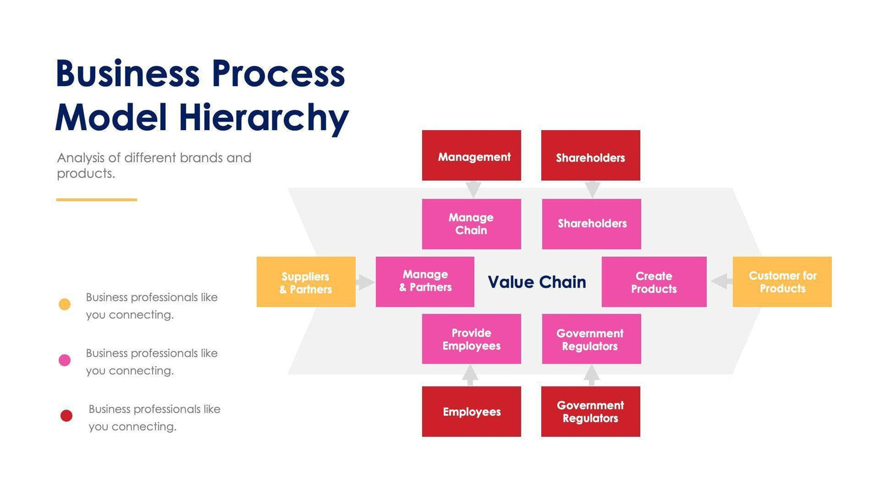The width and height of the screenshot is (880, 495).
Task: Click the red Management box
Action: point(471,156)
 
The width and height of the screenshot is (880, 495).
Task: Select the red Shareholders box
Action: point(591,156)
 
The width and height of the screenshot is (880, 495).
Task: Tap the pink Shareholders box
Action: point(591,224)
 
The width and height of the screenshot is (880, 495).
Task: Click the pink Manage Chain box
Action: point(471,224)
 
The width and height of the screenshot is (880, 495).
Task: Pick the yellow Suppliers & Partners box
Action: point(306,282)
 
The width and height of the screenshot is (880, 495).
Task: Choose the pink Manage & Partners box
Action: point(425,282)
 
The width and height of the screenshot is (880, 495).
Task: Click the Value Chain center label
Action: point(537,282)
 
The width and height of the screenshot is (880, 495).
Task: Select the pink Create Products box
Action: point(654,282)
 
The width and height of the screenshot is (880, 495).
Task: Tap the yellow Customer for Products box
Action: point(782,282)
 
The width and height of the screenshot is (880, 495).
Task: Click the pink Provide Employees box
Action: point(471,339)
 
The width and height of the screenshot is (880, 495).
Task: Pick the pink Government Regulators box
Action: point(591,339)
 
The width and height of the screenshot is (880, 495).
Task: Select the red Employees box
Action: point(471,411)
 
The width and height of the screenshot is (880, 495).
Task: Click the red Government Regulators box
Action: point(591,411)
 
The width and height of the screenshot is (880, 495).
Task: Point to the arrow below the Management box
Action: point(473,189)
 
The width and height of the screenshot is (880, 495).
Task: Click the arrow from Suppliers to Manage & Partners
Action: point(365,282)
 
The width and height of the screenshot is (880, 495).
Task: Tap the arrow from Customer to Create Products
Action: point(721,281)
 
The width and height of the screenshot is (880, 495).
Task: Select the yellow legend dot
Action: point(64,304)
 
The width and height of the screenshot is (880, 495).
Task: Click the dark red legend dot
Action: point(66,415)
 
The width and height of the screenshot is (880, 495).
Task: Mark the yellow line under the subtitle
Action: point(96,200)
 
